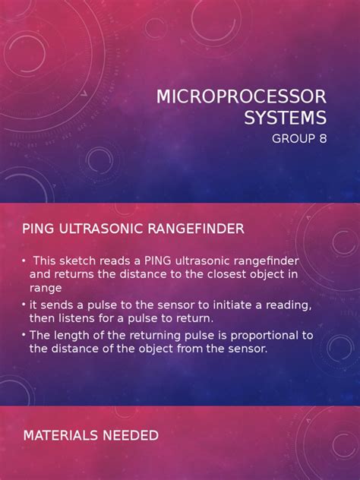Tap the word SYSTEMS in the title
click(285, 118)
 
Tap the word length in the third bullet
click(72, 336)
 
